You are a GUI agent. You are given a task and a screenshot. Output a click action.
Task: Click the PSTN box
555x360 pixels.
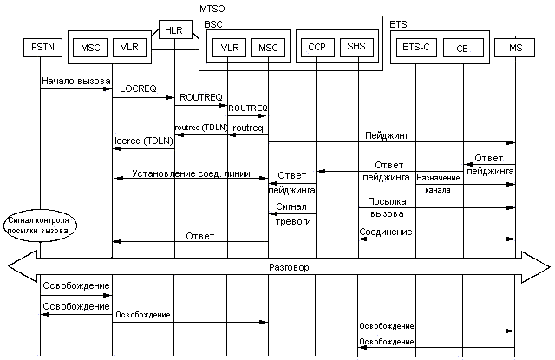coord(40,47)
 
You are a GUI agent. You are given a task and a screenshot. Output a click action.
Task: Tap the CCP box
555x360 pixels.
coord(316,47)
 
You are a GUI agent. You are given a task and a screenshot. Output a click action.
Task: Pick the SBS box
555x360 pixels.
coord(356,47)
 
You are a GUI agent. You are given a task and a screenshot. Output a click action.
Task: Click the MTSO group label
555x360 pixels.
coord(212,8)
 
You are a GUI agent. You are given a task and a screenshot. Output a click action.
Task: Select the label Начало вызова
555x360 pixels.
coord(75,82)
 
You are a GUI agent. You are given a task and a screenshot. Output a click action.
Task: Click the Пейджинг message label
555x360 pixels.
coord(382,136)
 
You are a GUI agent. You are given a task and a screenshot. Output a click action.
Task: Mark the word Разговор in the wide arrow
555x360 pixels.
coord(290,267)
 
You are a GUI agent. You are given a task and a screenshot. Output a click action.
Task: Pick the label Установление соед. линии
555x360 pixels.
coord(190,173)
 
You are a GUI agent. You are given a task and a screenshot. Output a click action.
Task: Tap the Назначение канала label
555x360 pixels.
coord(439,183)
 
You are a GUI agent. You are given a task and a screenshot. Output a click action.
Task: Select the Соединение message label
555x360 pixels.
coord(385,232)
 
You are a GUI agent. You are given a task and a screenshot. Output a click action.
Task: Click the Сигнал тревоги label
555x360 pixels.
coord(292,214)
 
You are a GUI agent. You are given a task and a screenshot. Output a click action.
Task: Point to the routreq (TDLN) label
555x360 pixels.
coord(201,128)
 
